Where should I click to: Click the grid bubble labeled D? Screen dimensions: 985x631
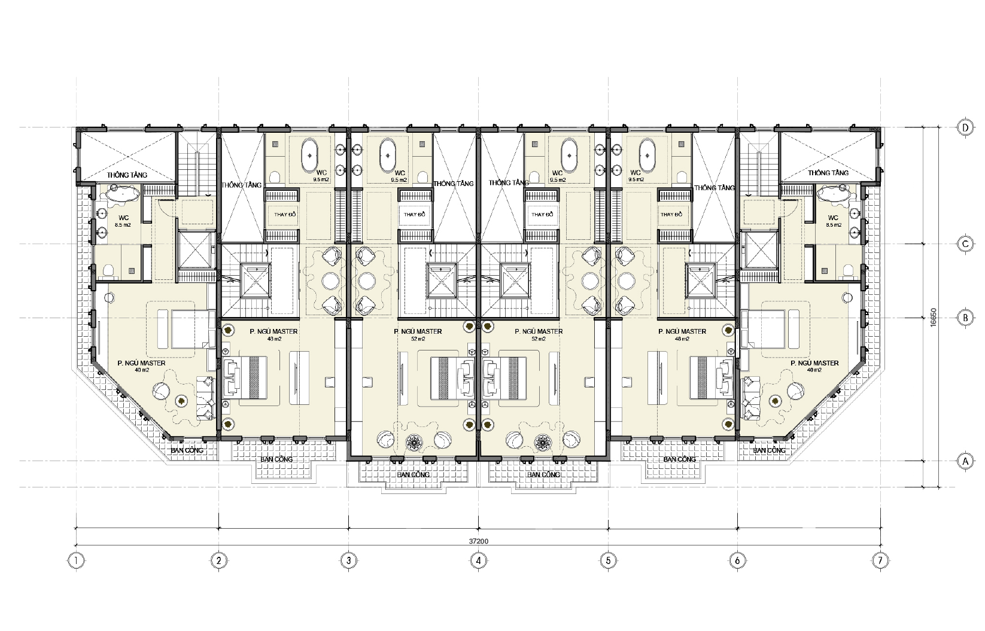(965, 127)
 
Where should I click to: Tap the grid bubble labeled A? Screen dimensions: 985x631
(965, 461)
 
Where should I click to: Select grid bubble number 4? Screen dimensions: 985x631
(478, 560)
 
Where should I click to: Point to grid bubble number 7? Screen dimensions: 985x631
(880, 560)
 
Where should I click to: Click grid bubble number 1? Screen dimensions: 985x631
(76, 560)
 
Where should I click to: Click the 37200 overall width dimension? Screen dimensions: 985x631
(478, 541)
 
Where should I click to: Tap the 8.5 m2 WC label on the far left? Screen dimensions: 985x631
(123, 224)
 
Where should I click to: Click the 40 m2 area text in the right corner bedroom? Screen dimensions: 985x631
(814, 370)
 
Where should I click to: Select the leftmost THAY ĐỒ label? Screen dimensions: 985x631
(285, 215)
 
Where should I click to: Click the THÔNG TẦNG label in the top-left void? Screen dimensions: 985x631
(127, 175)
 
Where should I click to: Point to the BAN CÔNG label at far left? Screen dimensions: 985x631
(187, 450)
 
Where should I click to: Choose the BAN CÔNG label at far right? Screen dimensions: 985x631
(769, 450)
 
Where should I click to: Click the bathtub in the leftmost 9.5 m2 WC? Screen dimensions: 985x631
(312, 156)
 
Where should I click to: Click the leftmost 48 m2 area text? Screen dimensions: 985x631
(274, 339)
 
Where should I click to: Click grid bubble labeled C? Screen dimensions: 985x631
(965, 244)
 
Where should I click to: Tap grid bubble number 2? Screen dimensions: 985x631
(218, 560)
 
